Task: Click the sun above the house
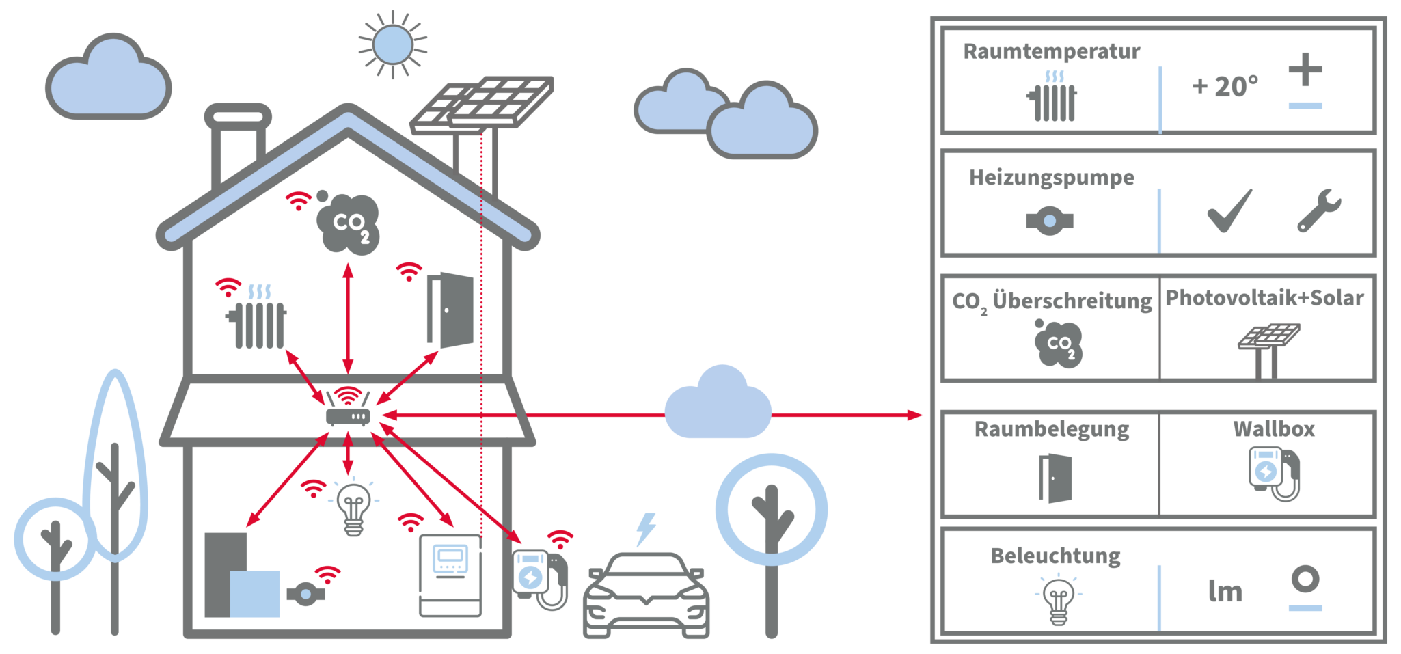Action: [393, 44]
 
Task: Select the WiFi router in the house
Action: [348, 411]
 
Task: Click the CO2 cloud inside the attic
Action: [349, 223]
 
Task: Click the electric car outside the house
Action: [646, 595]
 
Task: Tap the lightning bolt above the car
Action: [646, 529]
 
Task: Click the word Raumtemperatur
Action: [1051, 52]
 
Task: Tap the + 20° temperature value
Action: [1225, 87]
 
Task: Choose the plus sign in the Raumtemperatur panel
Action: [1305, 70]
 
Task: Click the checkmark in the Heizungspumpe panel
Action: [1229, 211]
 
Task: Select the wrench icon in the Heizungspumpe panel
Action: [1319, 210]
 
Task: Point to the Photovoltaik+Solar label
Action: [1264, 298]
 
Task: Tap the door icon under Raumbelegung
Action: [1055, 478]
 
